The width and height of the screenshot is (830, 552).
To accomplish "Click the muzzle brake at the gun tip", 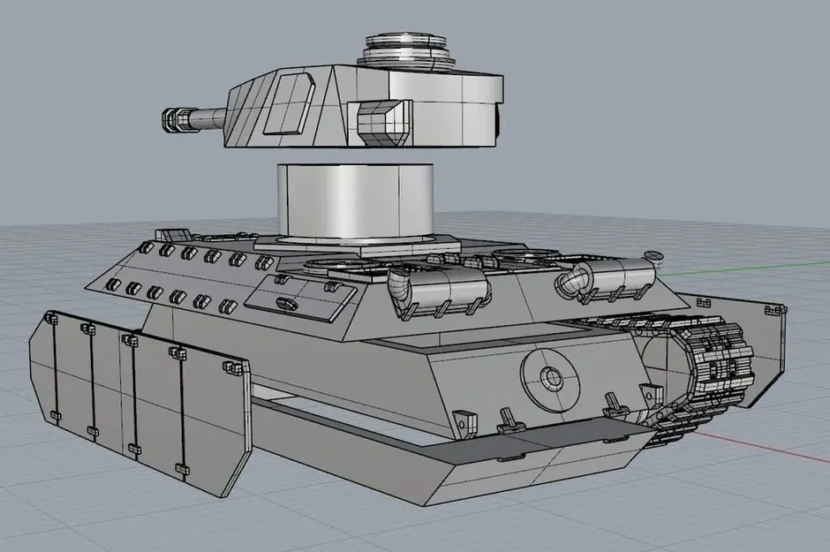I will pos(173,119).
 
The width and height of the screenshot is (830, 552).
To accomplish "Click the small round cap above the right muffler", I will pos(653,256).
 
